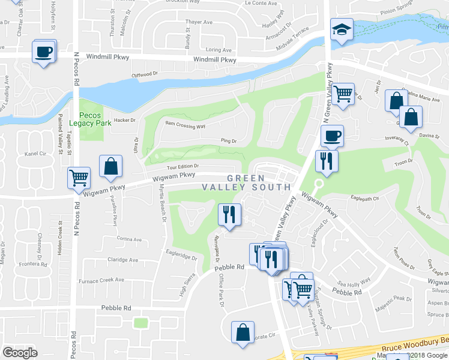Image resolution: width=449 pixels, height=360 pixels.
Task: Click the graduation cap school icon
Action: (341, 30)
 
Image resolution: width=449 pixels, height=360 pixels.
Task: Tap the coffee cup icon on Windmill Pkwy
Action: (44, 52)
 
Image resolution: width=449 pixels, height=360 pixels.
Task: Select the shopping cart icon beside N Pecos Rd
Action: (79, 178)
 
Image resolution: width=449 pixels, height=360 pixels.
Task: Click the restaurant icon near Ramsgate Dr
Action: (229, 215)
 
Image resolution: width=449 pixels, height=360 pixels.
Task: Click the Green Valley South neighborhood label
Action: (259, 182)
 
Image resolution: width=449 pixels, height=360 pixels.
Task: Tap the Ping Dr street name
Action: (229, 141)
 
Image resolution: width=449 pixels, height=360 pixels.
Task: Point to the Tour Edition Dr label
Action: (179, 166)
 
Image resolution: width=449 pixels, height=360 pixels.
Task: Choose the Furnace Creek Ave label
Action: (100, 280)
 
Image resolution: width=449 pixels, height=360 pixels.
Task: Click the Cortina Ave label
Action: (129, 239)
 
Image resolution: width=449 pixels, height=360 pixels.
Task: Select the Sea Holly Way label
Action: (354, 280)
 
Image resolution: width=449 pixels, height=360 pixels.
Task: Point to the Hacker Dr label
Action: (125, 120)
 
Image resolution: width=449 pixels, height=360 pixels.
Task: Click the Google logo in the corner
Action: (20, 353)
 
